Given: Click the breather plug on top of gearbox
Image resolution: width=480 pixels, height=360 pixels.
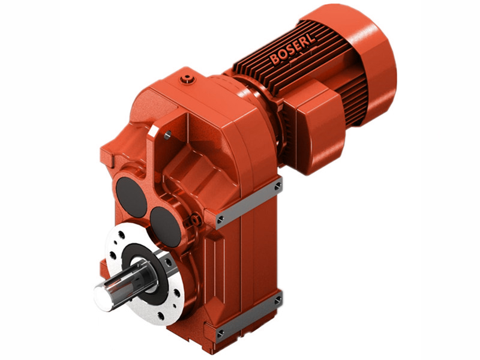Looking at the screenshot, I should pos(190,77).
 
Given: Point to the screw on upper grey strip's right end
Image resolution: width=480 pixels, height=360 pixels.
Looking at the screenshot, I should pos(277,187).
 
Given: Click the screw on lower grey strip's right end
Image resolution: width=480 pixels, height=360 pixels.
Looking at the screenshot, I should pos(277,300).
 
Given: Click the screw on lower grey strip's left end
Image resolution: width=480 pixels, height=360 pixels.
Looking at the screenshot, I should pos(220,332).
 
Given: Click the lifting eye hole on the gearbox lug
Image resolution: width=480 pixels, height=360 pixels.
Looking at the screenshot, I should pos(166,134).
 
